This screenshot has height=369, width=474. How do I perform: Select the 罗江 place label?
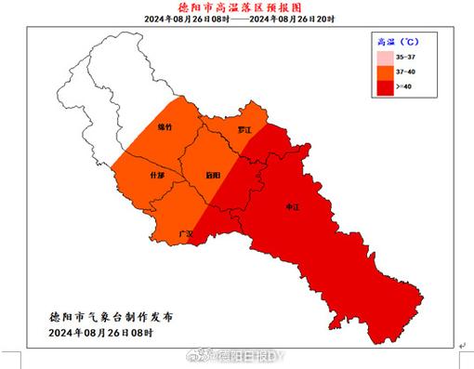tap(244, 131)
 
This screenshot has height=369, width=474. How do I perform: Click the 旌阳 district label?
tap(213, 174)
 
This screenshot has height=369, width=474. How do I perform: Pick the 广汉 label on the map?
tap(185, 232)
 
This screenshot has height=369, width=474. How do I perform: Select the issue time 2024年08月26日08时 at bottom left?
tap(102, 332)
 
